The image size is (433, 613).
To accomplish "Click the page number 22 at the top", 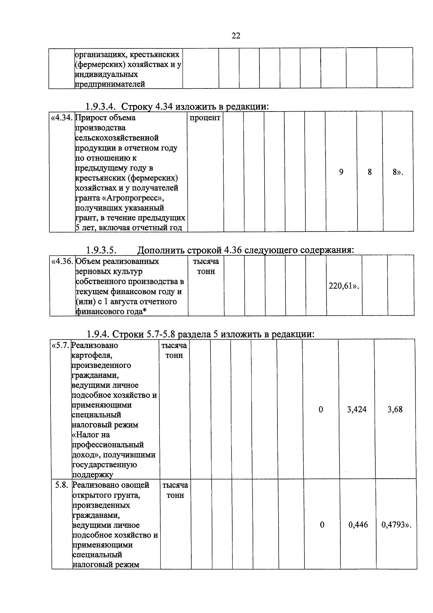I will click(236, 36).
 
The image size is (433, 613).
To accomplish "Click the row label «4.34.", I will click(62, 118).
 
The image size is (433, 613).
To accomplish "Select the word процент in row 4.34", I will click(205, 118).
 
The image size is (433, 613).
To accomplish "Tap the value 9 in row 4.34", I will click(341, 172).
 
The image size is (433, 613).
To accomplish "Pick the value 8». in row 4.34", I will click(398, 172).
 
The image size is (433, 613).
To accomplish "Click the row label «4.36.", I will click(62, 261).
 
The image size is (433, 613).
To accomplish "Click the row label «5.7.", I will click(60, 345).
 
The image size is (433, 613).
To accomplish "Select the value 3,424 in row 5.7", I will click(357, 409).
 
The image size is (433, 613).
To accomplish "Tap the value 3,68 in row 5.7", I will click(395, 409).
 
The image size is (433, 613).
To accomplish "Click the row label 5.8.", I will click(62, 485).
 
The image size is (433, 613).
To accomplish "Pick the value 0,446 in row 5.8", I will click(358, 525).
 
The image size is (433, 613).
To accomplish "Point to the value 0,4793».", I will click(396, 525).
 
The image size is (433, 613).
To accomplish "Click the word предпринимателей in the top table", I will click(110, 84).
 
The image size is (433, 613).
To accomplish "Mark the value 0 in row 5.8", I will click(322, 525).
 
